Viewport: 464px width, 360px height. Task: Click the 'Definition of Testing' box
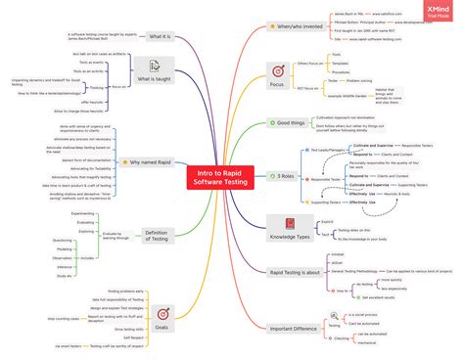click(157, 234)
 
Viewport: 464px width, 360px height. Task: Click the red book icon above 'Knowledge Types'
click(291, 224)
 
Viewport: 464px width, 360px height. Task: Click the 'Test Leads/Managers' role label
click(324, 150)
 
